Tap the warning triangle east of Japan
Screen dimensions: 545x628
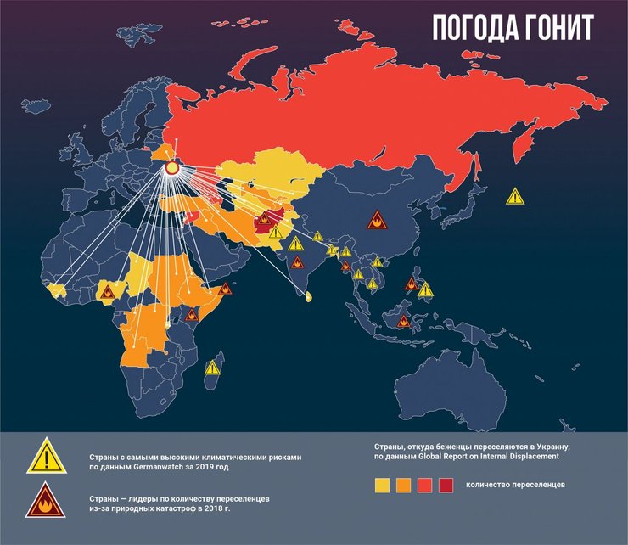[x=515, y=196]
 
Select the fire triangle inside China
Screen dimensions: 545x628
[x=375, y=222]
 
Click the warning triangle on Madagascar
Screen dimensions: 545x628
[x=212, y=368]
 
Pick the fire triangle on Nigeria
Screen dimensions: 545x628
[x=106, y=293]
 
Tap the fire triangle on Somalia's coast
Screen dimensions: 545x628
[x=228, y=289]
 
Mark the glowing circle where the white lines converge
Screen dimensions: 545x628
[x=171, y=168]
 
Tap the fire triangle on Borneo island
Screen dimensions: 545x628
[x=405, y=322]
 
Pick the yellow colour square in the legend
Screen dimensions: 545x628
[x=382, y=486]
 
